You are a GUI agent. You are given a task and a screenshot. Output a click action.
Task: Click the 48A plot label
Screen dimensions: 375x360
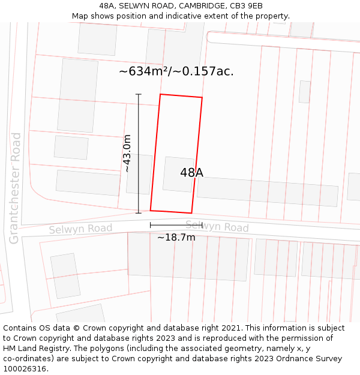coord(191,173)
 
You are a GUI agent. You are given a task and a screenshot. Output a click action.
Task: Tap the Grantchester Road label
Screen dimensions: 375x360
coord(16,188)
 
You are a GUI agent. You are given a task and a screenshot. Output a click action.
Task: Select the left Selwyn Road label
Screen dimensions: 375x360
coord(80,229)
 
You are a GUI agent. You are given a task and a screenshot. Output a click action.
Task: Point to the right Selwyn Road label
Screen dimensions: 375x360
coord(217,226)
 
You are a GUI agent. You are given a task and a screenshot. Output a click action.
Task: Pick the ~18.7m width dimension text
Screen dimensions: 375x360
coord(176,238)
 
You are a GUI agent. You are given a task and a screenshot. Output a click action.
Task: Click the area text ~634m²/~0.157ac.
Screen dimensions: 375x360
coord(176,71)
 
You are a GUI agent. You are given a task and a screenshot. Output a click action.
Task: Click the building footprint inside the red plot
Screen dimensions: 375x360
coord(179,174)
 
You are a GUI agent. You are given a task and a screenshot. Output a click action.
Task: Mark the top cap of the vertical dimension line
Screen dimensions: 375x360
coord(139,94)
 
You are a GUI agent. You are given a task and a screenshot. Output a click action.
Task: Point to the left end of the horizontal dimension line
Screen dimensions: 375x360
coord(151,225)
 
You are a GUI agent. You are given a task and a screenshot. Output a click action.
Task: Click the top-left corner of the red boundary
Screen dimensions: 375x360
coord(160,94)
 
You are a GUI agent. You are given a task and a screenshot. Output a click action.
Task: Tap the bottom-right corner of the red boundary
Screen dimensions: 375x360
coord(191,213)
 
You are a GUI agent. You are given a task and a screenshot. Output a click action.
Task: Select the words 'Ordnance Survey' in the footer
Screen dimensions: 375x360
coord(311,359)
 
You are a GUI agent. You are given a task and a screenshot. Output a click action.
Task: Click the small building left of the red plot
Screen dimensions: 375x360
coord(139,174)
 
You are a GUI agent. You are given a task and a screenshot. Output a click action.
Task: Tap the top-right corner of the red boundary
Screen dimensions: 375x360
coord(202,97)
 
